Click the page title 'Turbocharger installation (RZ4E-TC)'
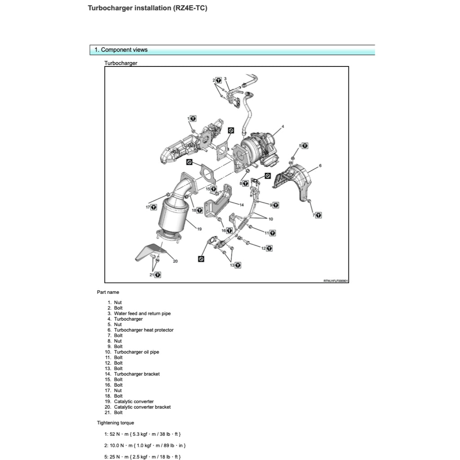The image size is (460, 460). click(147, 8)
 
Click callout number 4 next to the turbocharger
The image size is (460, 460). click(283, 127)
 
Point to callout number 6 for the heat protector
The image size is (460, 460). click(320, 166)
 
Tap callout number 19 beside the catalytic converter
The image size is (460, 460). click(199, 229)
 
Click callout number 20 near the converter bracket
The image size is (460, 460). click(175, 261)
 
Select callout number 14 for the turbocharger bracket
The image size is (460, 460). click(241, 204)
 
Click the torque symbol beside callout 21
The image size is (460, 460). click(159, 274)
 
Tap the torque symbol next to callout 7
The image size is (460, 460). click(318, 215)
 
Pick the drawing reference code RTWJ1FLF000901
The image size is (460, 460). click(336, 281)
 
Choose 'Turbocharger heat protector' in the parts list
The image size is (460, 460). click(143, 330)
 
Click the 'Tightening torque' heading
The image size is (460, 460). click(115, 423)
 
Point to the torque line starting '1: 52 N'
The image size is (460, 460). click(142, 434)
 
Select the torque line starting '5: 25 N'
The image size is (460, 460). click(142, 456)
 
